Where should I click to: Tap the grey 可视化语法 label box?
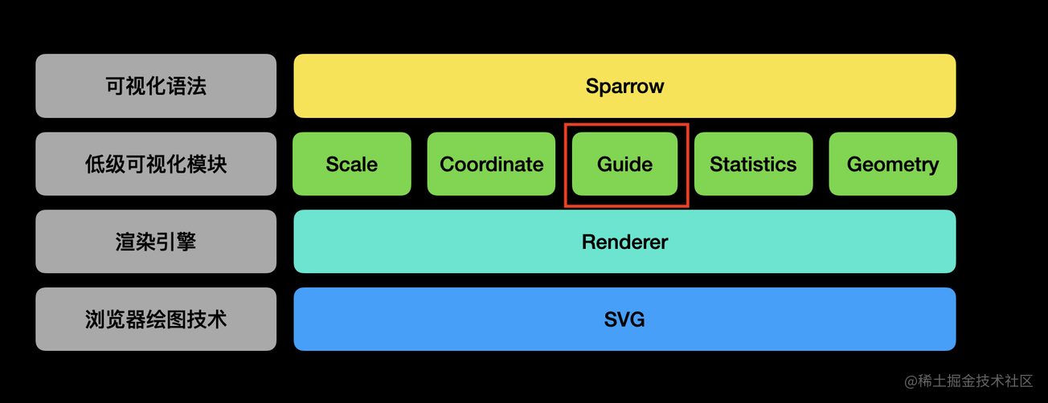click(x=156, y=86)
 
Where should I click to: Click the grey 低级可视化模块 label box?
click(x=156, y=164)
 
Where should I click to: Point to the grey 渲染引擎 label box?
click(x=156, y=242)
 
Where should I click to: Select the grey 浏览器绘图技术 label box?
click(x=156, y=320)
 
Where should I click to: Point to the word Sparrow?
click(x=624, y=86)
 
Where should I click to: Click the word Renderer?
click(x=624, y=242)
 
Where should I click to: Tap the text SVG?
click(x=624, y=320)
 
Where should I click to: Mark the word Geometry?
click(x=892, y=165)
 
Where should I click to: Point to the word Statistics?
click(x=753, y=165)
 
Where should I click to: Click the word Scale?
click(x=351, y=165)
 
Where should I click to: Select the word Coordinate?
click(x=491, y=165)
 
